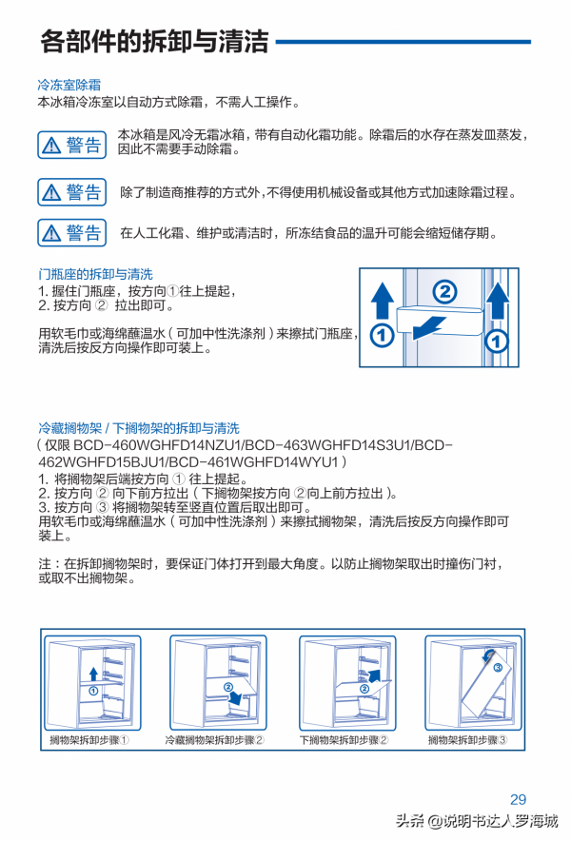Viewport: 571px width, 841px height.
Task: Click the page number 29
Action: pyautogui.click(x=518, y=799)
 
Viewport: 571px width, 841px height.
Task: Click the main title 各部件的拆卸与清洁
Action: pyautogui.click(x=154, y=42)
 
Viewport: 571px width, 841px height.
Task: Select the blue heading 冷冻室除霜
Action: pyautogui.click(x=69, y=85)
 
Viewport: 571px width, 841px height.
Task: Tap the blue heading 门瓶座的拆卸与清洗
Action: pyautogui.click(x=95, y=274)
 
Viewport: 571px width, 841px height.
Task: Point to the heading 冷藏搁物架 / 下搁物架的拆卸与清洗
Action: pyautogui.click(x=139, y=429)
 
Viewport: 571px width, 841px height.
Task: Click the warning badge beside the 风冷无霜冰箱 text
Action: pyautogui.click(x=71, y=145)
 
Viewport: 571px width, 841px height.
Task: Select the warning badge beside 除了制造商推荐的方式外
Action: pyautogui.click(x=71, y=192)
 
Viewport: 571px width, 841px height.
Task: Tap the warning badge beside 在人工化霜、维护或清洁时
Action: pyautogui.click(x=71, y=232)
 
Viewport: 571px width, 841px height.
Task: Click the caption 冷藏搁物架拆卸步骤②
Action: pyautogui.click(x=215, y=739)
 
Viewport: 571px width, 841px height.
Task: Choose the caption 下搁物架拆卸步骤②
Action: pyautogui.click(x=344, y=739)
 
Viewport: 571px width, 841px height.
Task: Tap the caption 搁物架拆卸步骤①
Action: pyautogui.click(x=89, y=739)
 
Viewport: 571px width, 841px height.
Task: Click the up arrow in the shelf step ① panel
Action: pyautogui.click(x=93, y=674)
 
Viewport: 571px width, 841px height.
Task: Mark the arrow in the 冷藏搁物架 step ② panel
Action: pyautogui.click(x=233, y=697)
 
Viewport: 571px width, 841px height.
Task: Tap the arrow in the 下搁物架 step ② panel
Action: pyautogui.click(x=375, y=676)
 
